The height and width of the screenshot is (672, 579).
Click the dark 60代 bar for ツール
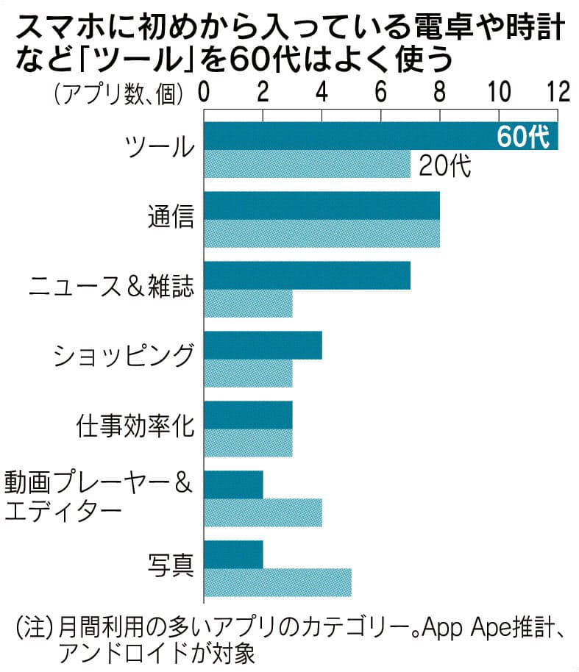coord(346,136)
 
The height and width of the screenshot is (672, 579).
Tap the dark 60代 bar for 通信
coord(322,205)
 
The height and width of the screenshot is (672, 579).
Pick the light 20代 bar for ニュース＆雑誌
coord(248,303)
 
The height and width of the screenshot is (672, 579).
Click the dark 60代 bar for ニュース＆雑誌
coord(307,275)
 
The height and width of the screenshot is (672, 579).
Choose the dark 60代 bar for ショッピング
coord(263,345)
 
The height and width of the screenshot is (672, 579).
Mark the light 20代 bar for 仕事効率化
coord(248,443)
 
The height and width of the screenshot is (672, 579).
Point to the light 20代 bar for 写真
coord(277,582)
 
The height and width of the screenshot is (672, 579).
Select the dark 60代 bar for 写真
coord(233,554)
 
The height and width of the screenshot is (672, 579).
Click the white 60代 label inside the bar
coord(523,137)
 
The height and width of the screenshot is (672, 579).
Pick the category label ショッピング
coord(124,357)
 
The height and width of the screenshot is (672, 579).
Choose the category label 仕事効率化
coord(135,426)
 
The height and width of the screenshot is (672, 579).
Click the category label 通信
coord(170,217)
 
